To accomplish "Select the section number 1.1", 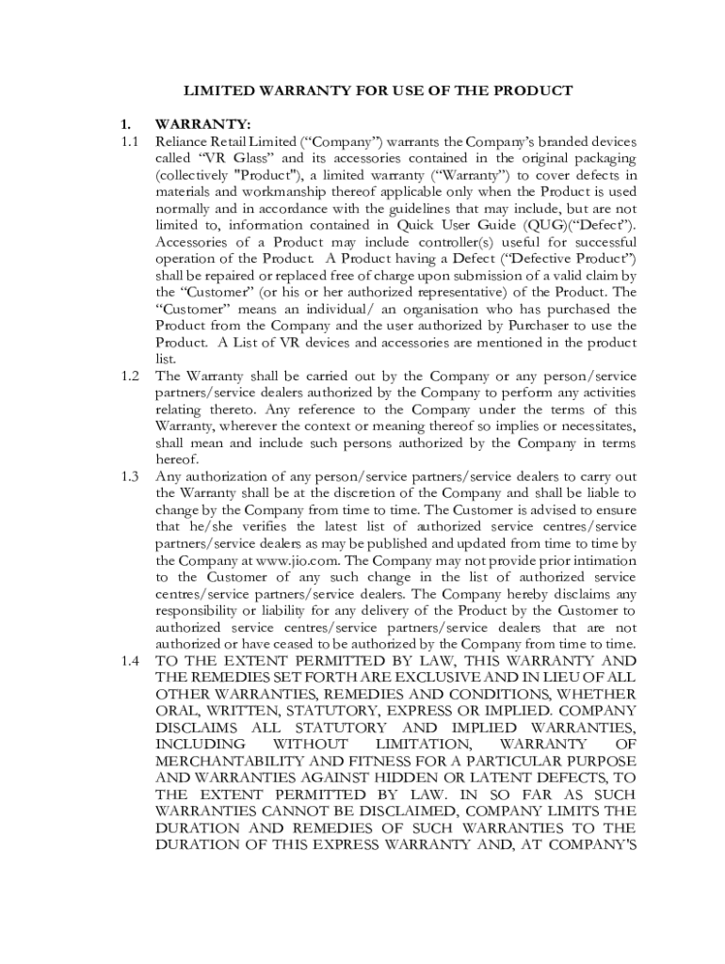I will point(129,141).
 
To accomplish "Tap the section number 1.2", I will point(129,377).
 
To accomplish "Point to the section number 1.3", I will point(129,476).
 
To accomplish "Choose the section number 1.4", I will point(129,661).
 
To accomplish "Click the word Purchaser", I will point(492,326).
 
